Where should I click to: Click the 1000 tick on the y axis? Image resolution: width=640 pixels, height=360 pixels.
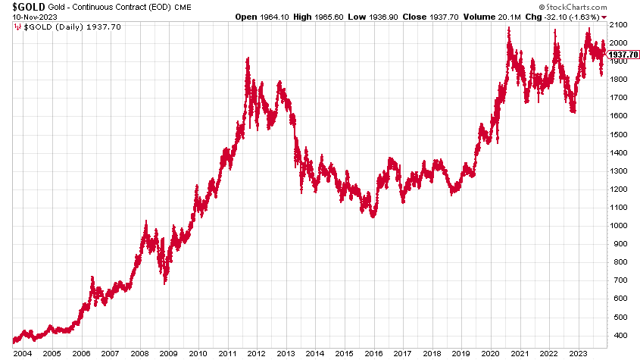point(617,225)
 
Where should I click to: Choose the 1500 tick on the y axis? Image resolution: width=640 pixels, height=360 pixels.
point(617,134)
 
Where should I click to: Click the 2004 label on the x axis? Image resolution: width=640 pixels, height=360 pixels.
point(21,353)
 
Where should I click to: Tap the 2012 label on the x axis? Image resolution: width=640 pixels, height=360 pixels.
point(257,353)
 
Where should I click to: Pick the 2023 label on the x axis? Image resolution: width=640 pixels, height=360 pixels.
point(580,353)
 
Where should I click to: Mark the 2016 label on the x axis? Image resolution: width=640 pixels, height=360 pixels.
point(374,353)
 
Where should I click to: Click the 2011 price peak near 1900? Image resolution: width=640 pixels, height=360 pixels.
point(248,60)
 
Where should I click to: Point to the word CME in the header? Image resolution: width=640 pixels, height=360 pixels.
point(184,7)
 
